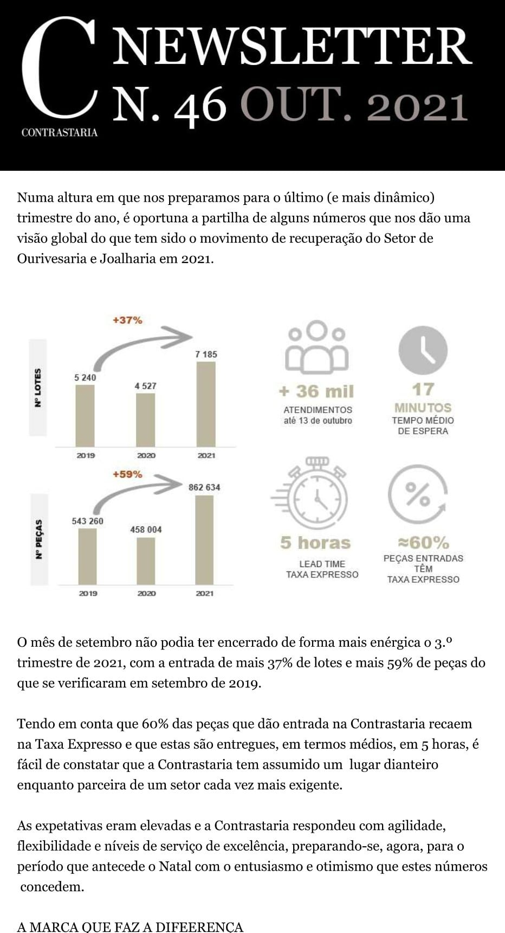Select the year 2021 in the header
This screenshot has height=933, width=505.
click(417, 107)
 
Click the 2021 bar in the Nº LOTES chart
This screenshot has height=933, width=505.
click(206, 404)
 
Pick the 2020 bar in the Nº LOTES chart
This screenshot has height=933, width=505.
click(145, 420)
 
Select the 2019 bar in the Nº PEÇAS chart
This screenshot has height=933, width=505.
click(88, 556)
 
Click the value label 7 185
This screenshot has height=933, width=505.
click(206, 355)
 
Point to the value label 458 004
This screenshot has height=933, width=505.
click(146, 529)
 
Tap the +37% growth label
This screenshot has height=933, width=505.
click(127, 320)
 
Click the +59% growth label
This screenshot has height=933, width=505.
click(127, 474)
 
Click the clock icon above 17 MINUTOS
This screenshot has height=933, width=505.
click(423, 351)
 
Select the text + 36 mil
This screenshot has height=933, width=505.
click(316, 391)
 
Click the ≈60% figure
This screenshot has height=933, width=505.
click(423, 542)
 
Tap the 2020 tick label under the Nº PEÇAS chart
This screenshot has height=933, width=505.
click(146, 594)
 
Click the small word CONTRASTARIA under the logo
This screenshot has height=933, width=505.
click(60, 132)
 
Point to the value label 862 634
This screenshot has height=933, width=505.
click(204, 487)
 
